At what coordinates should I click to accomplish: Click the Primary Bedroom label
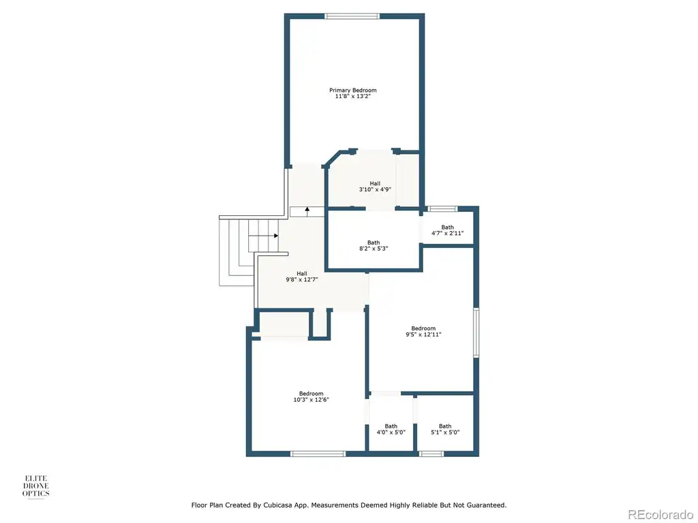coord(352,91)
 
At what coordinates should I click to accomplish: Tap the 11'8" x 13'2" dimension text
coord(352,96)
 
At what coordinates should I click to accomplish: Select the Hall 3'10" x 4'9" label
coord(375,187)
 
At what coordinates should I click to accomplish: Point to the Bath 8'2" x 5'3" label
coord(374,245)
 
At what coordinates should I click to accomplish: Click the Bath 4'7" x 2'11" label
coord(447,230)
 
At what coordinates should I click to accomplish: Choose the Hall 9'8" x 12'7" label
coord(302,276)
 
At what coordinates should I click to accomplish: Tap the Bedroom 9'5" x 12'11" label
coord(423,332)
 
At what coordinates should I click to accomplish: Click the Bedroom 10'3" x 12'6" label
coord(311,397)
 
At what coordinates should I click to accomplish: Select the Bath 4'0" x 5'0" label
coord(391,429)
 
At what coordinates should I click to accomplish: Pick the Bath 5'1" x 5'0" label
coord(445,429)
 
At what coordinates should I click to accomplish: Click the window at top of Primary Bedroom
coord(352,16)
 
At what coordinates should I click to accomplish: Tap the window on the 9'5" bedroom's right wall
coord(476,332)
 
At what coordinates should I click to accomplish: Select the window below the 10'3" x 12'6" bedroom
coord(318,454)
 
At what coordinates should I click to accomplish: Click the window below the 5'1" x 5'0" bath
coord(431,454)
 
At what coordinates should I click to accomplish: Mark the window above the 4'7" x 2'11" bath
coord(442,208)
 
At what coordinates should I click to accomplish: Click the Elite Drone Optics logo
coord(36,486)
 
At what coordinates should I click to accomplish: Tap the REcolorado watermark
coord(661,515)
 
